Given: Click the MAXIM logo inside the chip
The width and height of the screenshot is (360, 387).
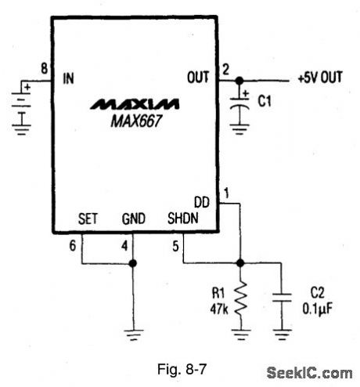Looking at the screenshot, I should coord(134,103).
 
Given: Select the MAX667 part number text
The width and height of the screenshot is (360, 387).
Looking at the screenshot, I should coord(134,119).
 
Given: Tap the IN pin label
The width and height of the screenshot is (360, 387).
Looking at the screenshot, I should coord(68,78).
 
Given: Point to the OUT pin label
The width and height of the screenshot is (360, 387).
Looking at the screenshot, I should coord(199,78).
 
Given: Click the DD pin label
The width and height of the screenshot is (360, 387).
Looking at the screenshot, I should coord(202,203).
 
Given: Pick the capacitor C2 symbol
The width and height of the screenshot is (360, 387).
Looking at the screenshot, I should coord(281,298).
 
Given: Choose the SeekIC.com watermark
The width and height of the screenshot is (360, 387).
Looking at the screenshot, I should coord(309,373).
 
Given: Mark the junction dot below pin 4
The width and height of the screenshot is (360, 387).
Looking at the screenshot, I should coord(134,262).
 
